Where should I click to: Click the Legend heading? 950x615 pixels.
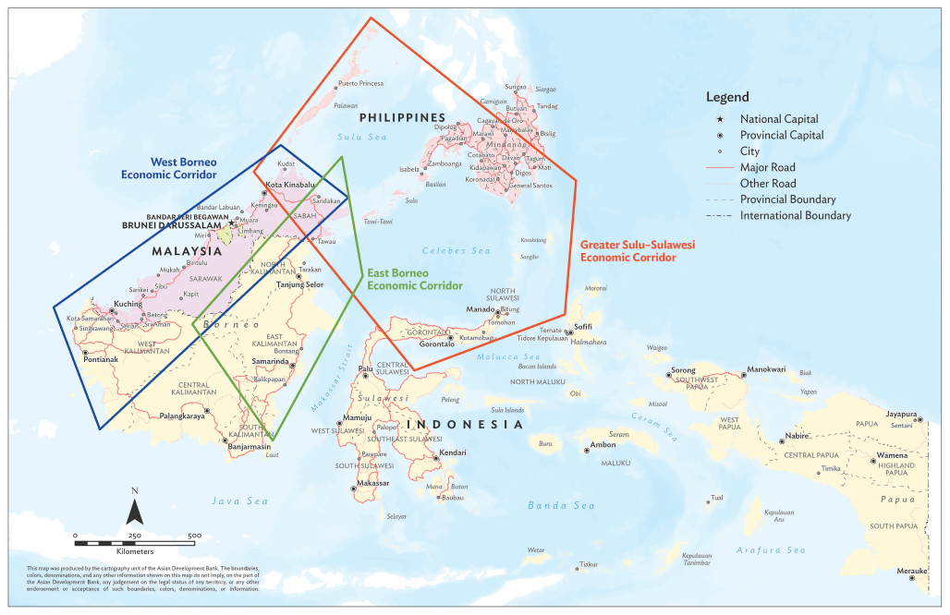(x=727, y=97)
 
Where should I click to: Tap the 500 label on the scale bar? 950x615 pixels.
(x=194, y=536)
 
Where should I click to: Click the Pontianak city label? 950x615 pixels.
(x=102, y=360)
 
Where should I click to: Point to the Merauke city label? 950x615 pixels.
(x=911, y=570)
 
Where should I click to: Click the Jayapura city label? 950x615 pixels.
(x=900, y=414)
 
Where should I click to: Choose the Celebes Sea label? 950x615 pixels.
(x=456, y=250)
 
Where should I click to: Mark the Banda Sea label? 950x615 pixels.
(x=561, y=505)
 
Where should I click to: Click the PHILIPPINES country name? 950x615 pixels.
(x=402, y=117)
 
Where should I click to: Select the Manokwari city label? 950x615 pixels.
(x=766, y=368)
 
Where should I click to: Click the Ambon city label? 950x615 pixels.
(x=602, y=445)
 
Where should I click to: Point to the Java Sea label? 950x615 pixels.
(x=239, y=500)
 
